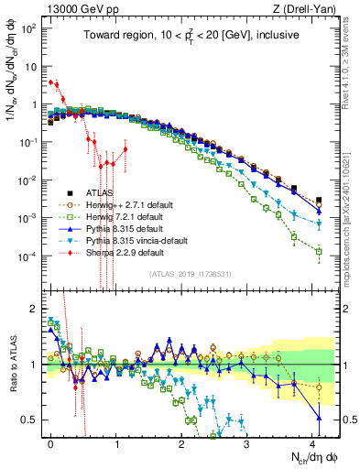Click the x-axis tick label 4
coord(311,442)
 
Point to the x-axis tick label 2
coord(181,442)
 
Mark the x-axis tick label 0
coord(51,442)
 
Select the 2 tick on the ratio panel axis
coord(34,308)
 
